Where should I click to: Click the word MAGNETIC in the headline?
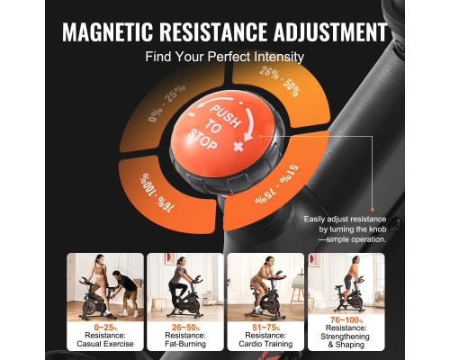coord(108,31)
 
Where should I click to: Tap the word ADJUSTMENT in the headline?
coord(330,31)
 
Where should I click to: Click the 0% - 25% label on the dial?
coord(166,103)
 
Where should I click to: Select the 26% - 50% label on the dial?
coord(280,82)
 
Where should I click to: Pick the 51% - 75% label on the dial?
coord(276,184)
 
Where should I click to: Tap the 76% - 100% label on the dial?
coord(157,193)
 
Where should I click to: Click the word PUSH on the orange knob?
coord(225,115)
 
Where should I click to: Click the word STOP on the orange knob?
coord(202,139)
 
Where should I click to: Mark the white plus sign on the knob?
coord(238,147)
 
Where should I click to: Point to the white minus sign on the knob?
coord(191,114)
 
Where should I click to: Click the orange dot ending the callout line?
coord(373,210)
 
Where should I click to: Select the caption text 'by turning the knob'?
coord(353,229)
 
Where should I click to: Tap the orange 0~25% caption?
coord(105,328)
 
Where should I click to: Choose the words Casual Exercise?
coord(105,344)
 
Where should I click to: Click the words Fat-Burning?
coord(185,344)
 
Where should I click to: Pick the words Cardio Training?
coord(265,344)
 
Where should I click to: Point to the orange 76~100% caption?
coord(346,320)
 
